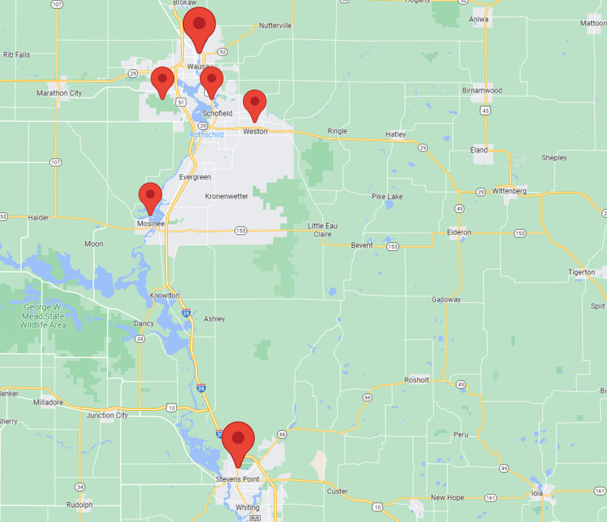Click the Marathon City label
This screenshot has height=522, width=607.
[x=59, y=93]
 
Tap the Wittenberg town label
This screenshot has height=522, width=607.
[x=509, y=191]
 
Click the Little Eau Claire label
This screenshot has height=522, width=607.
[x=322, y=229]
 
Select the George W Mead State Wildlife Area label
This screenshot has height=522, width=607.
[x=42, y=316]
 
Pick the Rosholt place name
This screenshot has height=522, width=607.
[x=416, y=380]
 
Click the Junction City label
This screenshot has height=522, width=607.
[x=107, y=416]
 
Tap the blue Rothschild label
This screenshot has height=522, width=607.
[x=206, y=134]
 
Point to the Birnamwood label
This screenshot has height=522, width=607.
[x=482, y=90]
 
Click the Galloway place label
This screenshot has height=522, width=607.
[x=446, y=300]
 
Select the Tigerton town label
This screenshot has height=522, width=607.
[x=582, y=272]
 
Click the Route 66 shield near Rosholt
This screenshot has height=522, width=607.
[x=367, y=397]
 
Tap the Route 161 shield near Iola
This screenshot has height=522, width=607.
[x=490, y=498]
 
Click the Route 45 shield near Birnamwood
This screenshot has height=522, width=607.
[x=484, y=110]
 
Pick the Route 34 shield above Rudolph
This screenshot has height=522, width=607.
[x=80, y=487]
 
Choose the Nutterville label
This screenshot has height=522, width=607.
[x=275, y=25]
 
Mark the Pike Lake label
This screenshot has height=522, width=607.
[x=387, y=197]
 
